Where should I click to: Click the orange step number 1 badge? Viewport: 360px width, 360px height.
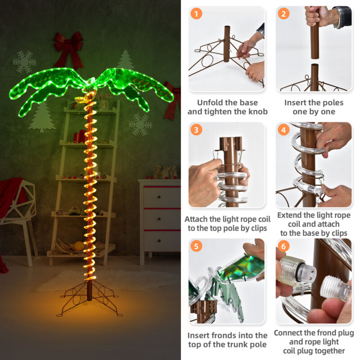point(196,14)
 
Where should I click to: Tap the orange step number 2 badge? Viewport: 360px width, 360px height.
point(283,14)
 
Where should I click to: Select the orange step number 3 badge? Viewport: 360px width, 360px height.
point(196,130)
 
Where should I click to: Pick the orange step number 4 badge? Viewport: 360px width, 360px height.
point(283,130)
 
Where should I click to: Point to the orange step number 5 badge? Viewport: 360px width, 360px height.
point(196,246)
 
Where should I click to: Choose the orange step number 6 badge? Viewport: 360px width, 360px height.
point(283,246)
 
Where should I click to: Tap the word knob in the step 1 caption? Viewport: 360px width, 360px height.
point(257,112)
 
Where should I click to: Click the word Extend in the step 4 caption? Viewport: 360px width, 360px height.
point(289,215)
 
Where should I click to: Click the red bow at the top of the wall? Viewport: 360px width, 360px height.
point(68,49)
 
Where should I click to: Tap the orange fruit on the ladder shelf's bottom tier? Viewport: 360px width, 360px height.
point(79,246)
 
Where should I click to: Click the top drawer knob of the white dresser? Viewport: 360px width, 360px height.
point(159,197)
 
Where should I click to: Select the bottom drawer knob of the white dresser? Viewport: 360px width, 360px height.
point(159,241)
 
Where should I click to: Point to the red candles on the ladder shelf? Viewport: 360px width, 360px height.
point(80,136)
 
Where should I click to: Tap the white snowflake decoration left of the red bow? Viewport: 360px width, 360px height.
point(24,62)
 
